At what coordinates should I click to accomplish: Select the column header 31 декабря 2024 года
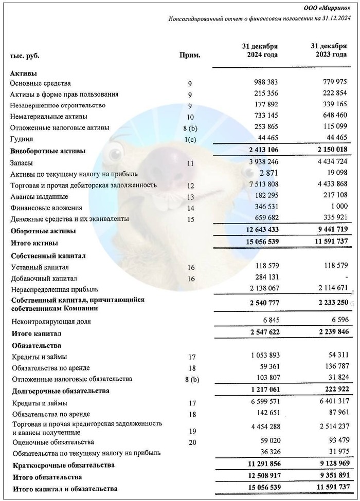(x=260, y=50)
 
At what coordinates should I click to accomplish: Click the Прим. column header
(x=190, y=55)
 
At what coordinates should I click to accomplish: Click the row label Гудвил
(x=20, y=139)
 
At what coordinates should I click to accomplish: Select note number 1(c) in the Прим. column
(x=190, y=139)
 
